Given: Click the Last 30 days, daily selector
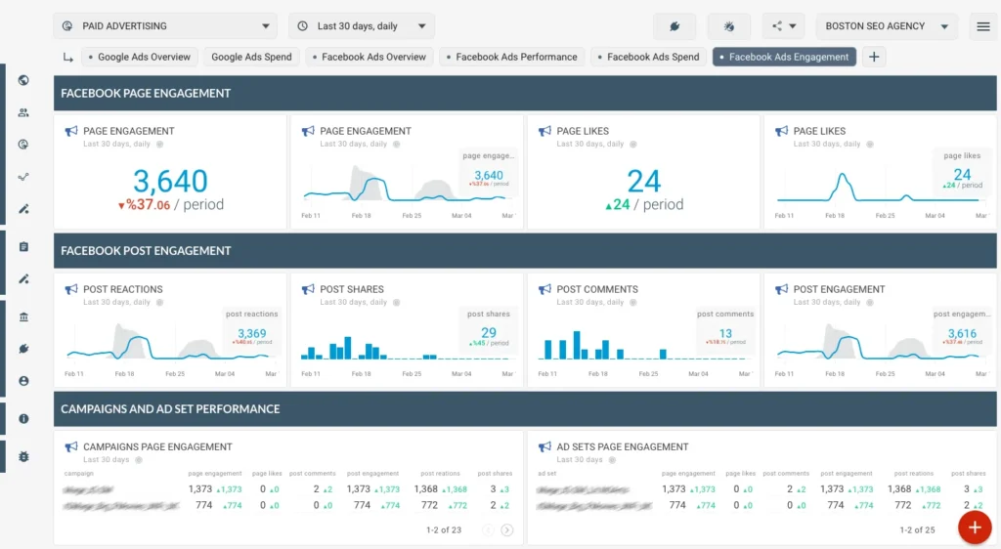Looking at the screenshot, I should tap(361, 26).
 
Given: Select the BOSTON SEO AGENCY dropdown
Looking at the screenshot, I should tap(887, 26).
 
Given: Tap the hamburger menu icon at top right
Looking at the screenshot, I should tap(982, 26).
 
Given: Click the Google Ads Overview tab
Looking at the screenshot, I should tap(141, 57).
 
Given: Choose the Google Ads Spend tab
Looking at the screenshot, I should tap(251, 57).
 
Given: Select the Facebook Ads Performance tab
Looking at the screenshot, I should tap(511, 57).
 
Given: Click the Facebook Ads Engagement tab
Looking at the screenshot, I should tap(784, 57).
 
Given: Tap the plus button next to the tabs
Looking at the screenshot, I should tap(874, 57).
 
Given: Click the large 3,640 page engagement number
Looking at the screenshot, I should tap(170, 181).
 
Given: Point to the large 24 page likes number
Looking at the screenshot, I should tap(643, 181).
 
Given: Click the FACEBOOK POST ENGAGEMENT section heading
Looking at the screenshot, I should tap(146, 251).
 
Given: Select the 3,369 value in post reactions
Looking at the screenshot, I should tap(251, 333).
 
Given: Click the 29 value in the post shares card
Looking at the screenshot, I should tap(488, 333).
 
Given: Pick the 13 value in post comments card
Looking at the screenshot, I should tap(725, 333).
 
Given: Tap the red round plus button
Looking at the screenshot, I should tap(974, 527).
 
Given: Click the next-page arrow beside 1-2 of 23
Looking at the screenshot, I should tap(507, 530).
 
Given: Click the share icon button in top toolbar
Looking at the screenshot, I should tap(783, 26).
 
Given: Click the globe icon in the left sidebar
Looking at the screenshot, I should tap(23, 80).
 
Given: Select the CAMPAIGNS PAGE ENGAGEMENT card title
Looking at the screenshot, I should tap(157, 446).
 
